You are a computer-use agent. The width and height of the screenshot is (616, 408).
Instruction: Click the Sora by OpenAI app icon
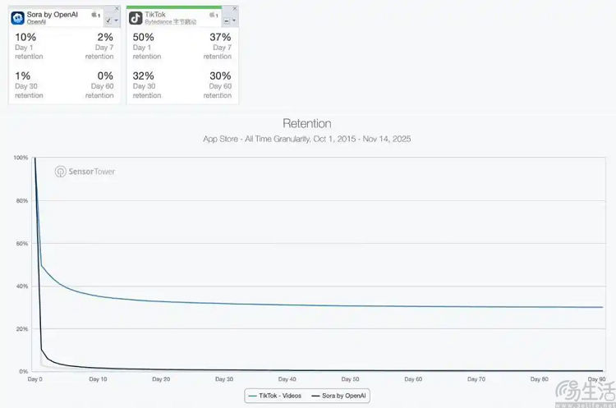click(17, 16)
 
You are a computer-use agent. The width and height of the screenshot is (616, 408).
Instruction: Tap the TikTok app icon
click(136, 16)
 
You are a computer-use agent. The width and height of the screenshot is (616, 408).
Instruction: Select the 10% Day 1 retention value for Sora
click(24, 38)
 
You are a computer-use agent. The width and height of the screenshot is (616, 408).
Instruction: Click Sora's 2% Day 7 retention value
click(105, 38)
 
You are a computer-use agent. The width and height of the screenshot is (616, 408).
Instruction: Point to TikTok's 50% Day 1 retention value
click(144, 38)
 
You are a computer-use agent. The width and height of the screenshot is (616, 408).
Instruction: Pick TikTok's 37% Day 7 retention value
click(220, 38)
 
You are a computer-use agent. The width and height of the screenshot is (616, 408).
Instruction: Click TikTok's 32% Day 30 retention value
click(143, 76)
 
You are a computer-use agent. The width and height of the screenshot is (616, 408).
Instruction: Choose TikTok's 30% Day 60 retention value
click(220, 76)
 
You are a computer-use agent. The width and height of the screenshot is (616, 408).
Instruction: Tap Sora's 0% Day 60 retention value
click(104, 76)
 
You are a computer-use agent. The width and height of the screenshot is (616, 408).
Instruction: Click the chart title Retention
click(306, 124)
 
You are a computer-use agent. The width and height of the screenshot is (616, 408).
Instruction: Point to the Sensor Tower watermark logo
click(85, 172)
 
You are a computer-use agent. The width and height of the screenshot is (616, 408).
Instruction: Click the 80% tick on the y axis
click(22, 200)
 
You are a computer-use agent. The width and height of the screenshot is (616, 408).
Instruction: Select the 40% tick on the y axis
click(22, 286)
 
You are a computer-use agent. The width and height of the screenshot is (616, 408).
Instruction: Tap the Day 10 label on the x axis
click(98, 379)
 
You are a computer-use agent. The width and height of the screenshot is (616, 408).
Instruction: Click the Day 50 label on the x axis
click(350, 379)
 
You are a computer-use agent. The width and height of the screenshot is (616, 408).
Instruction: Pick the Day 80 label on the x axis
click(540, 379)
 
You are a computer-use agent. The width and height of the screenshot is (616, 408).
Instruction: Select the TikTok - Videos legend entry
click(274, 396)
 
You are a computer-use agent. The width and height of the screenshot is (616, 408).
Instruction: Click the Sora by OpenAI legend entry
click(337, 396)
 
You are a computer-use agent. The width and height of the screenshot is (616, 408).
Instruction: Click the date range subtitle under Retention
click(306, 139)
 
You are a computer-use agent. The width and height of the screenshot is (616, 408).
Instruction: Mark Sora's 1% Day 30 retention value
click(22, 76)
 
